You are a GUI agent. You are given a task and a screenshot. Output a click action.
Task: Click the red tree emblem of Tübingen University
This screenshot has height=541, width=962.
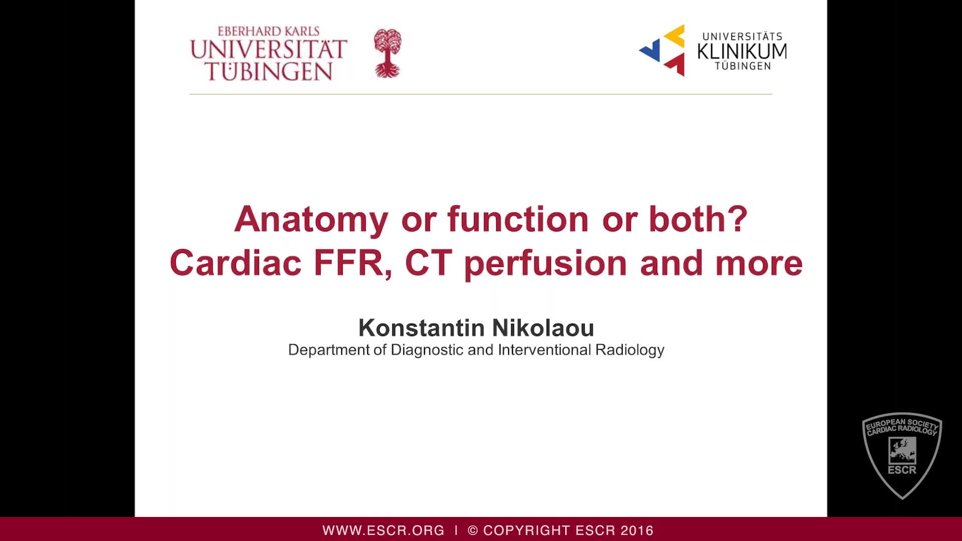pos(387,53)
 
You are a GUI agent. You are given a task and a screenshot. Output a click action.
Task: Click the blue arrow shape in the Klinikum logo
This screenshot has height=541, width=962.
pos(650,51)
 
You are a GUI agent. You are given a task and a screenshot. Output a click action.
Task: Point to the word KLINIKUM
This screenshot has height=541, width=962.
pos(742,51)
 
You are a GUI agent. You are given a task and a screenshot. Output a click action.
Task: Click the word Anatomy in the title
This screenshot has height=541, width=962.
pos(311,219)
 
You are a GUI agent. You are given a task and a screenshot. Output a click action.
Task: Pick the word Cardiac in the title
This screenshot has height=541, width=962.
pos(235,262)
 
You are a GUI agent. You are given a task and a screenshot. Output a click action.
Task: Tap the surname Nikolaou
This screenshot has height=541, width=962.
pos(543,328)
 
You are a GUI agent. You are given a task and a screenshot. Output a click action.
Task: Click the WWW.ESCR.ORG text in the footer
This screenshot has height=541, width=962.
pos(383,530)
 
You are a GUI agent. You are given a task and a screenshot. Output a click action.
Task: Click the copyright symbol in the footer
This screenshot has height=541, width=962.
pos(472,530)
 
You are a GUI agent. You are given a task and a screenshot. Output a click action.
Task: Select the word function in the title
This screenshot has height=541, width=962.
pos(518,219)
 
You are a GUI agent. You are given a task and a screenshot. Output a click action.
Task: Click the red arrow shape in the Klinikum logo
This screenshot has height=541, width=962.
pos(676,64)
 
